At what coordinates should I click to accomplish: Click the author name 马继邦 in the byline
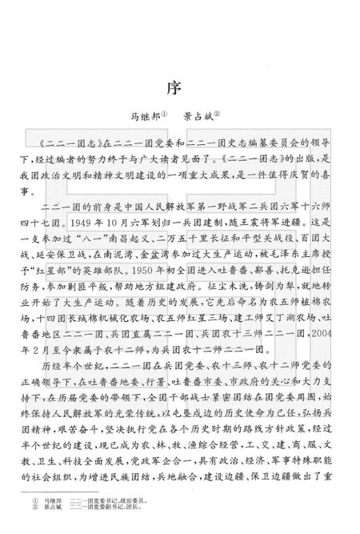point(141,114)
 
